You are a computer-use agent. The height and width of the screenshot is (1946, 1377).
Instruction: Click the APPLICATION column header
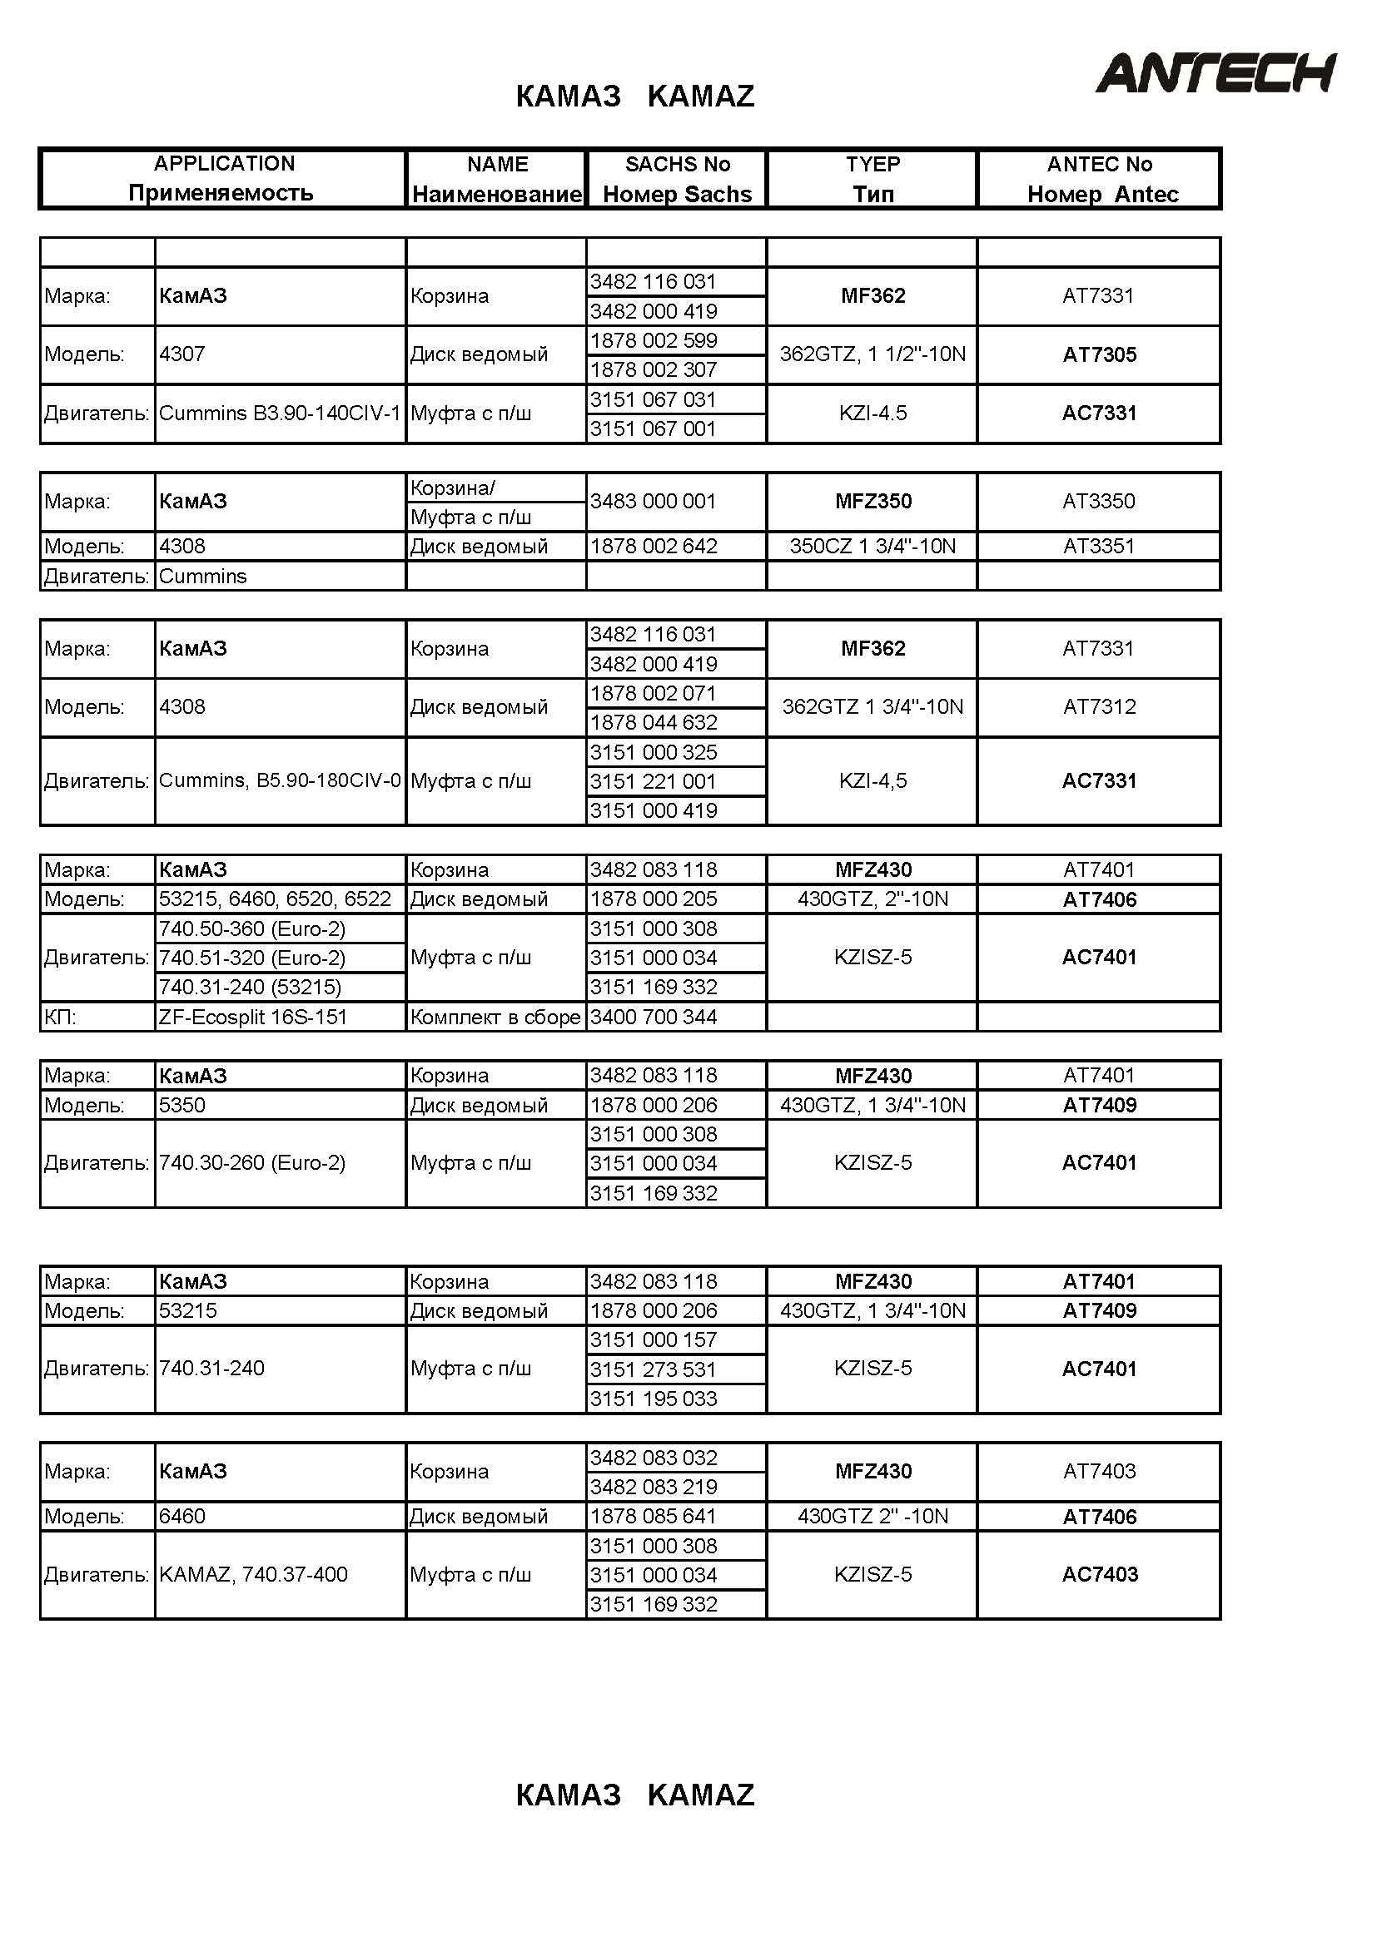tap(224, 164)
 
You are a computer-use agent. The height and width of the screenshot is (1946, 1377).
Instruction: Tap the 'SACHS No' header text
tap(677, 165)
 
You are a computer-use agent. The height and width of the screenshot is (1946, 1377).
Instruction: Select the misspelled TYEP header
tap(872, 165)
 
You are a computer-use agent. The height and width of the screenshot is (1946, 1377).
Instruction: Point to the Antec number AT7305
tap(1099, 355)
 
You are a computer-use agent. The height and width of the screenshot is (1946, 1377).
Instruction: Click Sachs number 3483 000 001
tap(653, 501)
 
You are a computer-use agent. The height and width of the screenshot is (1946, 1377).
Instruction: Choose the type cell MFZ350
tap(872, 501)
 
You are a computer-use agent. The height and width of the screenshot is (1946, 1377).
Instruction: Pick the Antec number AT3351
tap(1099, 547)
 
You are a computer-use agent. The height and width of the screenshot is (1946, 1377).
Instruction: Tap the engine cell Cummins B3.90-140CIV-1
tap(279, 413)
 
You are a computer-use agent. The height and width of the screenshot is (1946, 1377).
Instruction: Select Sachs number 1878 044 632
tap(653, 723)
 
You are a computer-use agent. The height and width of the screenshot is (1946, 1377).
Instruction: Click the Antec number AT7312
tap(1099, 707)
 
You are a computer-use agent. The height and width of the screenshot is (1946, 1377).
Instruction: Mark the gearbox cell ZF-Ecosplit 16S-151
tap(253, 1017)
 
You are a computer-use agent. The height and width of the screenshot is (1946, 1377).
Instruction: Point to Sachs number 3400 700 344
tap(653, 1017)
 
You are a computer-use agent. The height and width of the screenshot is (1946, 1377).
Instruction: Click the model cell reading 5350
tap(182, 1105)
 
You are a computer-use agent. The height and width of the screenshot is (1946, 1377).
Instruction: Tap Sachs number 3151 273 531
tap(653, 1369)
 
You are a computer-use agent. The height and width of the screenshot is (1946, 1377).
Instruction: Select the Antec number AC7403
tap(1099, 1575)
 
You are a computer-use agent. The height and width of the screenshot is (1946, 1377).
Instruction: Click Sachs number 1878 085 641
tap(653, 1517)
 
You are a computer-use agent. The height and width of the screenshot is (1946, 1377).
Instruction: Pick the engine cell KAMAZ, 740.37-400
tap(253, 1575)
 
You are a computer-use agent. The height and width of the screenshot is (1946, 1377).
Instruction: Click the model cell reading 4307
tap(182, 354)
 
